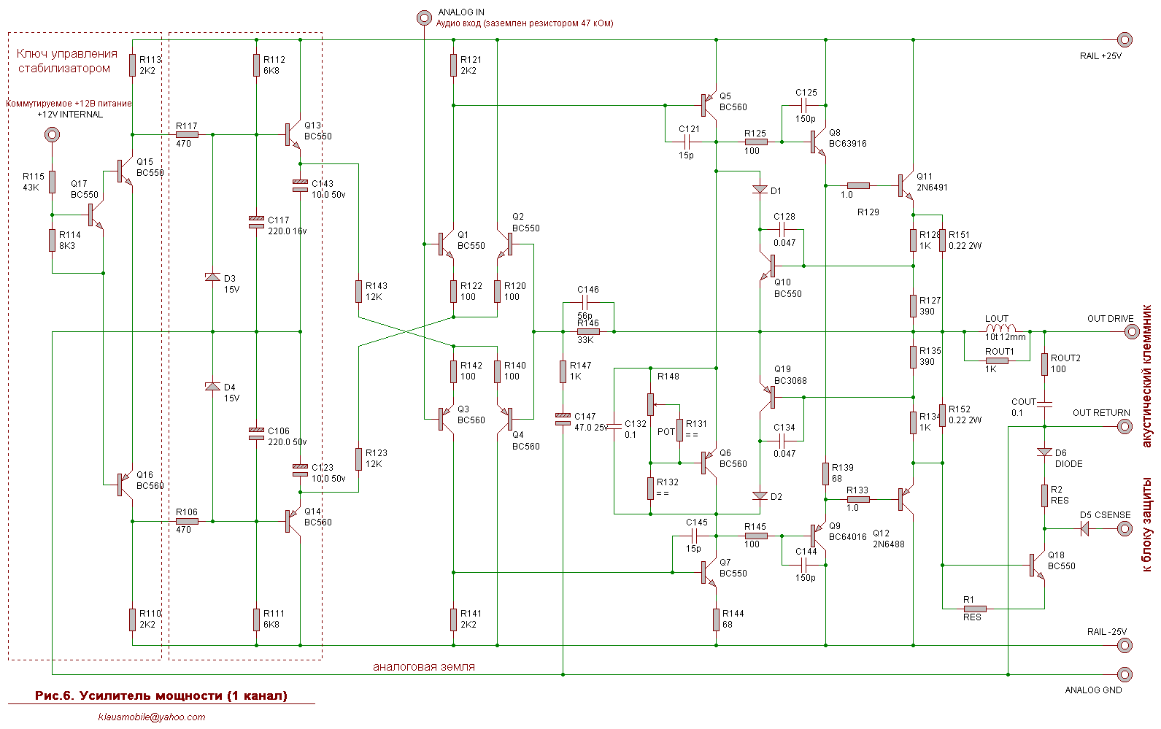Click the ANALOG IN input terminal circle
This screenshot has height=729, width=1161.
424,18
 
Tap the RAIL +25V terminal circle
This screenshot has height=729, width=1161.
1125,39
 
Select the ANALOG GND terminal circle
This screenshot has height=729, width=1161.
1125,674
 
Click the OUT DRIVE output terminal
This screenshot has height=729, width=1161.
1132,331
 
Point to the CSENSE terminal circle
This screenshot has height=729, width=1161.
1125,529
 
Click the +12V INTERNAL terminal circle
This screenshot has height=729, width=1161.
52,135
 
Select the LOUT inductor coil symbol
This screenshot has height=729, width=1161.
1000,328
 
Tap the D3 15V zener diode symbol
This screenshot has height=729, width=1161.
212,277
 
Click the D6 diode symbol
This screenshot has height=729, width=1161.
1044,452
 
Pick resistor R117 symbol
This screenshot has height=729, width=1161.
187,135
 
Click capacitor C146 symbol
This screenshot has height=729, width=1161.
585,303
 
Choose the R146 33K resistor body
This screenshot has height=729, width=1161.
588,331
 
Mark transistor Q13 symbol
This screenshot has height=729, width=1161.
293,134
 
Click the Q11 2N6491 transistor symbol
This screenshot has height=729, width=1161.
906,185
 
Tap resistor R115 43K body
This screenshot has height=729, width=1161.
52,182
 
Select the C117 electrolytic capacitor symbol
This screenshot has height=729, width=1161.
256,223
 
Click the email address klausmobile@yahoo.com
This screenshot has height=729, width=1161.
151,717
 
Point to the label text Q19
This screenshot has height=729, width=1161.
782,369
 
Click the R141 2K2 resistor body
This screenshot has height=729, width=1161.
453,620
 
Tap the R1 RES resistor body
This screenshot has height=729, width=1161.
975,609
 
